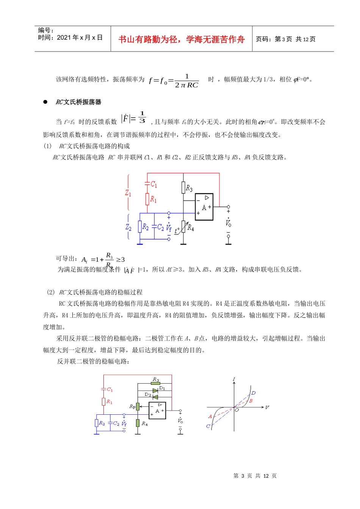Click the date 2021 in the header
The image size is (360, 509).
(64, 37)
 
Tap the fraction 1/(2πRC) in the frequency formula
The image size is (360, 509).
(186, 81)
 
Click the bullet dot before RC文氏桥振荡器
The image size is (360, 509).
(45, 102)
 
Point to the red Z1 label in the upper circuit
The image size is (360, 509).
(128, 193)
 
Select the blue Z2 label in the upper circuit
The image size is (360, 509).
(128, 227)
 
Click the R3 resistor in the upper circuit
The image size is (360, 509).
(184, 188)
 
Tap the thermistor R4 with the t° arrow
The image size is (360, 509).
(184, 228)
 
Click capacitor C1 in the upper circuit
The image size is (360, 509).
(147, 184)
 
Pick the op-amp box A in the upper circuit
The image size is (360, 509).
(204, 207)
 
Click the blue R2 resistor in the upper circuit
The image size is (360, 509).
(140, 227)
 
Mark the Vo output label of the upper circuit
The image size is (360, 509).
(228, 222)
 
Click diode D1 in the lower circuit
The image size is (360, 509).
(155, 390)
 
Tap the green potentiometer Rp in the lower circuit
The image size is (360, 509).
(138, 407)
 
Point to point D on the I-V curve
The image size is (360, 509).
(254, 393)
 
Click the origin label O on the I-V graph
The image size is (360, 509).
(237, 410)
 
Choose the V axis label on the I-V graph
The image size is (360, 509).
(267, 408)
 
